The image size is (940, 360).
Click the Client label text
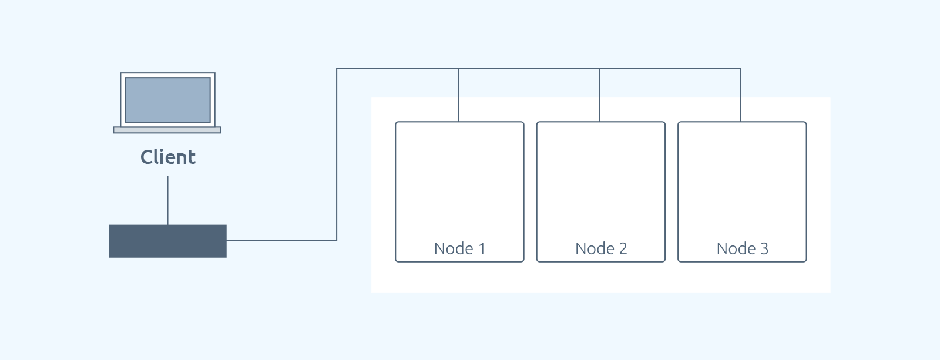[168, 157]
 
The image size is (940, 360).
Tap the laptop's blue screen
[168, 100]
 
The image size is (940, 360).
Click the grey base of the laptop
[167, 130]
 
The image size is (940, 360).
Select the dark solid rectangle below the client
[168, 241]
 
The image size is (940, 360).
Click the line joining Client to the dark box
[168, 201]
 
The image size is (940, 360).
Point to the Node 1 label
[459, 248]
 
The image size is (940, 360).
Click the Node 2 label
[601, 248]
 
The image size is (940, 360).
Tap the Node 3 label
[743, 248]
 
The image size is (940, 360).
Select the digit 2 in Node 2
[623, 248]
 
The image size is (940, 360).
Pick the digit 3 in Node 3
[764, 248]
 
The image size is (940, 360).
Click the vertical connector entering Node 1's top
[458, 95]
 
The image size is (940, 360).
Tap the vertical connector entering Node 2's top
[599, 95]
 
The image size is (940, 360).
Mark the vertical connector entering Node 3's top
[740, 95]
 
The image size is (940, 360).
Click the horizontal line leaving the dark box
[281, 240]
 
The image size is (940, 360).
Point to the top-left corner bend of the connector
[337, 68]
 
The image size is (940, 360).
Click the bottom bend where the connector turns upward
[337, 240]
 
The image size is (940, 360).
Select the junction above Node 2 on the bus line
[599, 68]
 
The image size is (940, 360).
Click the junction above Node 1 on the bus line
[458, 68]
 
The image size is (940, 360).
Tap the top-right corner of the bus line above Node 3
[740, 68]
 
